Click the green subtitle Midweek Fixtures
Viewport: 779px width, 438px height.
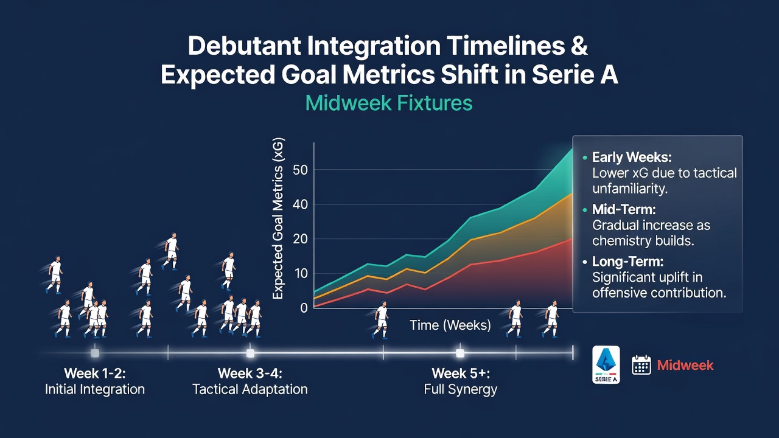click(x=389, y=103)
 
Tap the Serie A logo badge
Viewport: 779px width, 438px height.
click(x=606, y=364)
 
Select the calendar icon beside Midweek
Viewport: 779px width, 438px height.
click(x=641, y=364)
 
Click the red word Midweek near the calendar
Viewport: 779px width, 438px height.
click(x=685, y=365)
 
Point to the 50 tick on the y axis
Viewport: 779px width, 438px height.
click(x=301, y=170)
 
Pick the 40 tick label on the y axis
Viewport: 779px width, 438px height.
click(x=301, y=204)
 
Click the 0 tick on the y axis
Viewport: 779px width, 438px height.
click(x=304, y=308)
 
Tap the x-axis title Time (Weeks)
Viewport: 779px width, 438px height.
click(x=450, y=325)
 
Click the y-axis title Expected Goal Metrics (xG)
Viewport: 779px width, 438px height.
click(x=278, y=218)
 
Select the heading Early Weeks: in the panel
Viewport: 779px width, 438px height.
click(x=632, y=157)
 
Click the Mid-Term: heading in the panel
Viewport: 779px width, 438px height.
click(x=624, y=209)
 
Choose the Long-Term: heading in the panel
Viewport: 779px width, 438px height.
click(x=627, y=262)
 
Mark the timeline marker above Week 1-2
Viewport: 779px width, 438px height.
click(x=94, y=353)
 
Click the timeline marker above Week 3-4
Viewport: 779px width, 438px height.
click(x=250, y=353)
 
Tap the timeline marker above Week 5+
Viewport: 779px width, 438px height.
click(x=460, y=353)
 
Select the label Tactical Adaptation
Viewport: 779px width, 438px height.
click(x=250, y=389)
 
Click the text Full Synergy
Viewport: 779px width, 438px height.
click(x=461, y=389)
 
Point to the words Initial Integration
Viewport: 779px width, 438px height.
click(x=94, y=389)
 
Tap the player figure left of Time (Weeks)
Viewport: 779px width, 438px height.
click(x=381, y=320)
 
